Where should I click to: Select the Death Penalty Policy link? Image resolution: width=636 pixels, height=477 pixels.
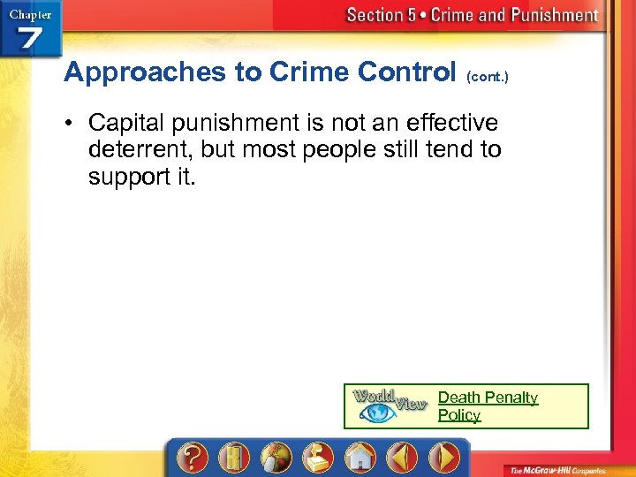(488, 406)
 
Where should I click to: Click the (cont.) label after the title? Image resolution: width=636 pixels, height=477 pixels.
(487, 77)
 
